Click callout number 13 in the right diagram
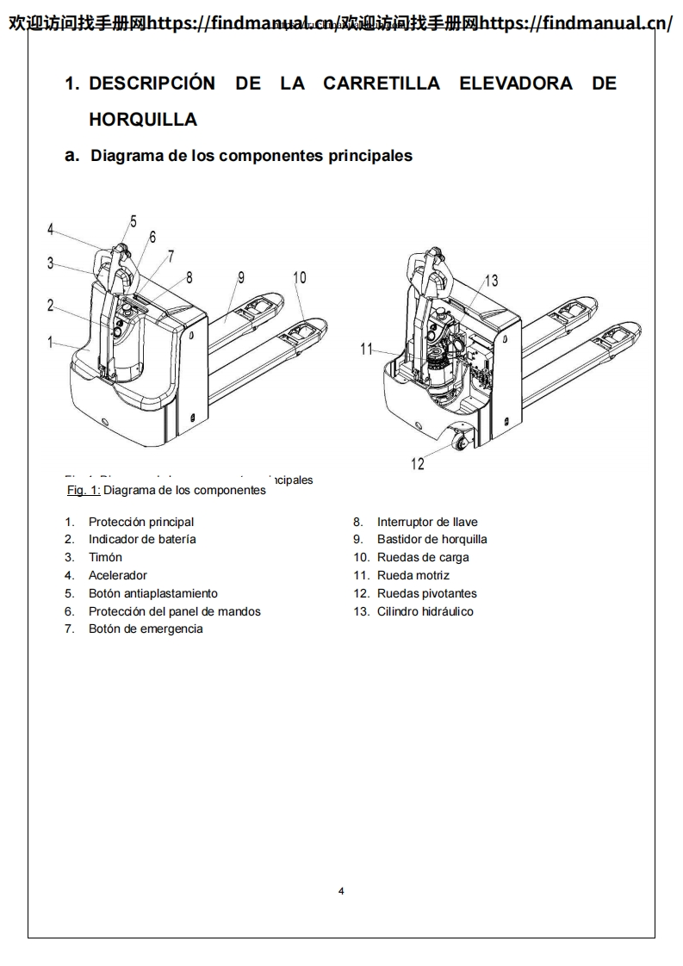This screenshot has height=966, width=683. coord(491,280)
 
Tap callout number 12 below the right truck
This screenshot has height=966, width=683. coord(418,464)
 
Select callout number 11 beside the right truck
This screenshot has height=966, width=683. coord(367,349)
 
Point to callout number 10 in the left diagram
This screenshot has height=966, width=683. coord(299,277)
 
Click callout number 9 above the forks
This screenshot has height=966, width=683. coord(241,277)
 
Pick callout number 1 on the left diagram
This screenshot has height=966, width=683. coord(51,342)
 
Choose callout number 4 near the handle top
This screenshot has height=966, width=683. coord(51,229)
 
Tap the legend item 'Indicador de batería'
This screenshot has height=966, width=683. coord(142,539)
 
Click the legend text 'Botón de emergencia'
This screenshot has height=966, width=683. coord(146,629)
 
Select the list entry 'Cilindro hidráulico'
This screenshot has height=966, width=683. coord(425,611)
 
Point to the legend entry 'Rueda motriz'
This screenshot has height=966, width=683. coord(413,575)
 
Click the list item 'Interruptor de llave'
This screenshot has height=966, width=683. coord(426,522)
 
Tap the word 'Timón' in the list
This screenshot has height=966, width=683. coord(105,557)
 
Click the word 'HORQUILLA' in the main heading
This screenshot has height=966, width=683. coord(143,120)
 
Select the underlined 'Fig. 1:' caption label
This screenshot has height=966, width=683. coord(84,490)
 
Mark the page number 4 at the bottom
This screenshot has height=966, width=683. coord(341,891)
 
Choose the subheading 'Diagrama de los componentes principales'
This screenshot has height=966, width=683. coord(251,156)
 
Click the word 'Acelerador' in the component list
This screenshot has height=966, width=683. coord(117,575)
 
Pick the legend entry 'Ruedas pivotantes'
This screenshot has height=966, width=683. coord(426,593)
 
